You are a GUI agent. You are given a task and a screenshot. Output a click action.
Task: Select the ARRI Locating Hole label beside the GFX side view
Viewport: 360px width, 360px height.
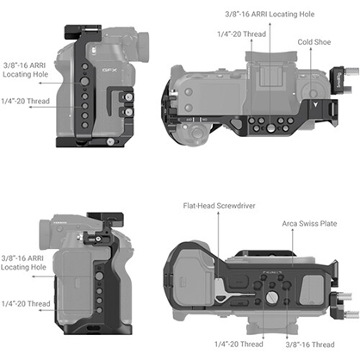point(25,70)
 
